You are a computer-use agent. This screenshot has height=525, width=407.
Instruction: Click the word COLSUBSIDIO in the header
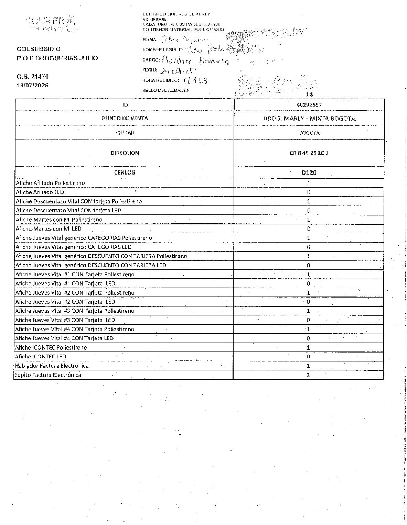coord(39,49)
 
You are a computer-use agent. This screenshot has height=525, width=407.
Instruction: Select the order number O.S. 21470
coord(33,76)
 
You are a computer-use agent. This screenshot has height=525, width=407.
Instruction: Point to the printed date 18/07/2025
coord(33,85)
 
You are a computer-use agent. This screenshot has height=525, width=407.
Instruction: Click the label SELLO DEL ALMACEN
coord(166,90)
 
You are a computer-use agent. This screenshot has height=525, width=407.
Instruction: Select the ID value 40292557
coord(309,105)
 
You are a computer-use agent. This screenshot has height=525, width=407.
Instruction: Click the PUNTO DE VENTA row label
coord(125,118)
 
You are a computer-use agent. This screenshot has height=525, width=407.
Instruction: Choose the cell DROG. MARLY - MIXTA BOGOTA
coord(309,119)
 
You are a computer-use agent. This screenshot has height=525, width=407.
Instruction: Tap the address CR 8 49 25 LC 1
coord(309,153)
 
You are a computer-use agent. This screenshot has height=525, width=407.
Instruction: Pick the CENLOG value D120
coord(309,172)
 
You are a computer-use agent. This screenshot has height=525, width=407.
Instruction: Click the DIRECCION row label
coord(125,153)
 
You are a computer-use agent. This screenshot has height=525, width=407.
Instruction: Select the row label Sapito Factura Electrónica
coord(48,375)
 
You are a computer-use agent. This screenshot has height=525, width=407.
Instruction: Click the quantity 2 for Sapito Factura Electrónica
coord(308,375)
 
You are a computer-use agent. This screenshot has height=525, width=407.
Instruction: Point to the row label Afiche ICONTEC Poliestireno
coord(51,347)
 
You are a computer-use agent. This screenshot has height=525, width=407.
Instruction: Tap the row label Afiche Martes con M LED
coord(49,228)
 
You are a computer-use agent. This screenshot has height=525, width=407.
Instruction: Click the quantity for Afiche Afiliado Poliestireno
coord(309,183)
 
